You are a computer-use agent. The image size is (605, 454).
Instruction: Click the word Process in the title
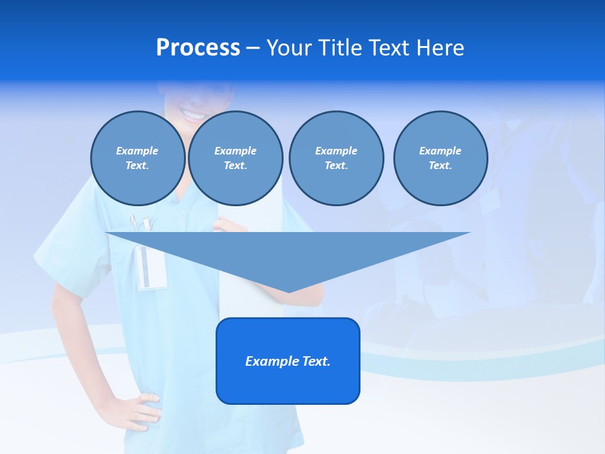[198, 48]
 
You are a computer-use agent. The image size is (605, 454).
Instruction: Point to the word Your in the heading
[289, 48]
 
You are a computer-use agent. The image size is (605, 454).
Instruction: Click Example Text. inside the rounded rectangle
[287, 361]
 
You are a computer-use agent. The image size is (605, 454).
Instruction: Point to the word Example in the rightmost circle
[440, 151]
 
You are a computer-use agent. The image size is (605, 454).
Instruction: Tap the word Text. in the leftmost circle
[137, 165]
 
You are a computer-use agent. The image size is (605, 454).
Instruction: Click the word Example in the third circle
[336, 151]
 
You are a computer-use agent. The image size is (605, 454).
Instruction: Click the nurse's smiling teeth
[193, 114]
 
